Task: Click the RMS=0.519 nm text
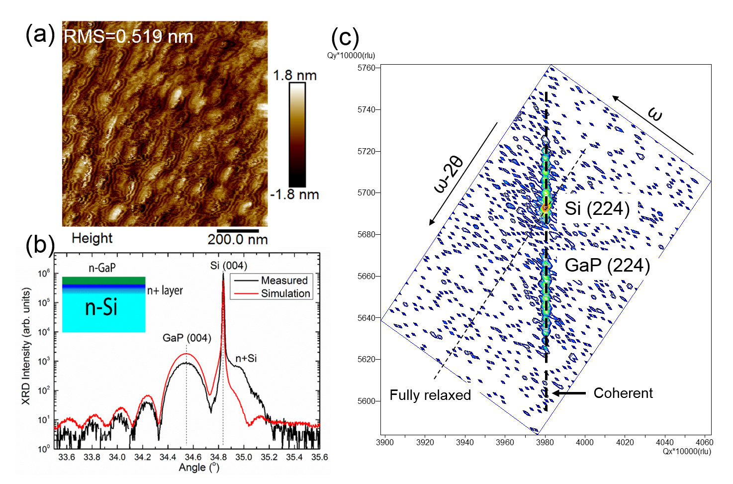tap(128, 36)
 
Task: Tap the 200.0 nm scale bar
tap(238, 231)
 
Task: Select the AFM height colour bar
tap(297, 135)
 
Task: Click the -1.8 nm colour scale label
tap(294, 194)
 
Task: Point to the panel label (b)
tap(40, 245)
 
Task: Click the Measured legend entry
tap(284, 281)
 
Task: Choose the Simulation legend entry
tap(285, 293)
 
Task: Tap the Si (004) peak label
tap(228, 266)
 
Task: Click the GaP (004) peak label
tap(187, 338)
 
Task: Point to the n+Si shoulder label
tap(246, 358)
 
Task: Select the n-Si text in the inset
tap(101, 307)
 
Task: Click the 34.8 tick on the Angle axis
tap(218, 457)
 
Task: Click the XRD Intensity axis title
tap(26, 346)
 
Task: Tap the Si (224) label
tap(597, 208)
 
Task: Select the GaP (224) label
tap(607, 265)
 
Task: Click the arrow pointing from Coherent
tap(569, 393)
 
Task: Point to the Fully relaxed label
tap(430, 395)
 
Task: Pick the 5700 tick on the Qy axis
tap(367, 193)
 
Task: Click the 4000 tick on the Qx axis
tap(585, 442)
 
